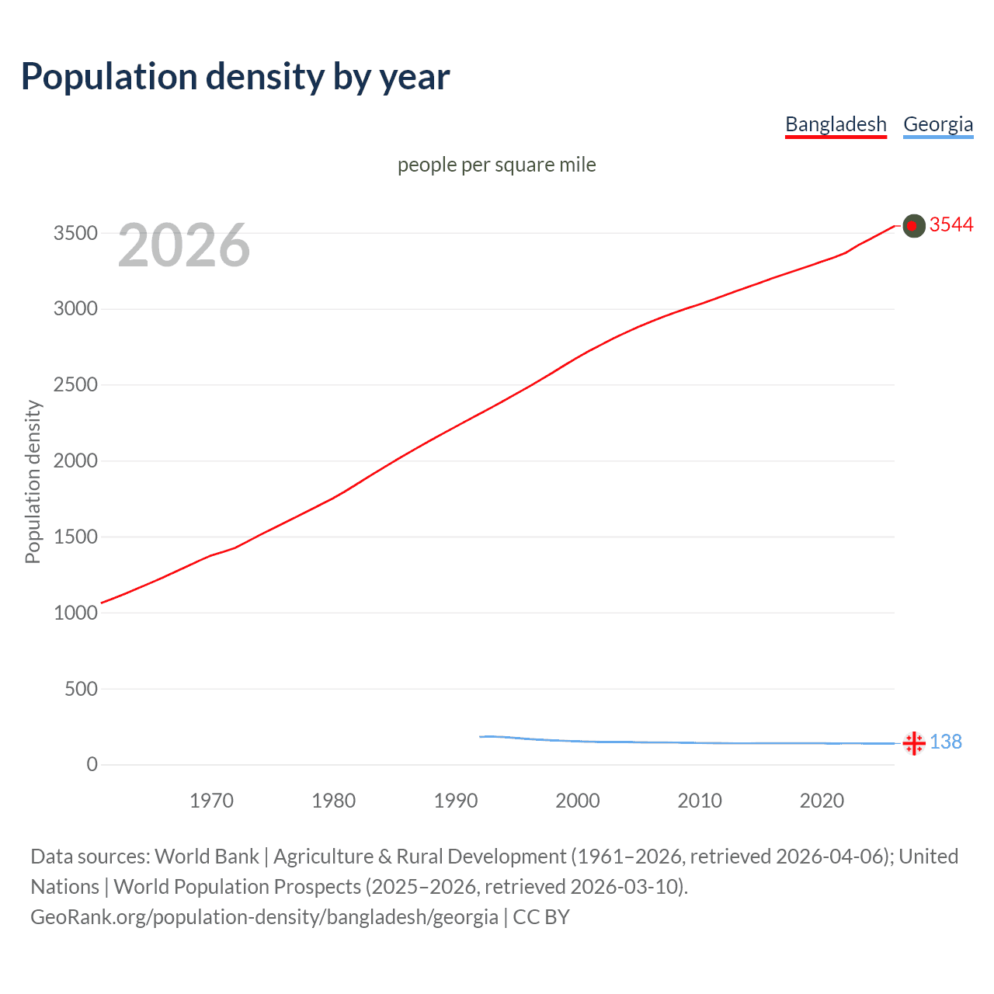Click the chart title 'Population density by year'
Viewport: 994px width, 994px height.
[235, 76]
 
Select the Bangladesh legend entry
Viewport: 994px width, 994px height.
[836, 124]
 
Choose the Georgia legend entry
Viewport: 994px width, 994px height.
[938, 124]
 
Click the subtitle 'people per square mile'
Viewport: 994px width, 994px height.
[496, 165]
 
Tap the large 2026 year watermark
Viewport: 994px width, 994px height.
[184, 245]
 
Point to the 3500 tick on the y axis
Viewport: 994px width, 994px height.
[75, 233]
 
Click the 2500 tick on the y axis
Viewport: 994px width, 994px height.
[75, 385]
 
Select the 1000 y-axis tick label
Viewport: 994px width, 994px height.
[75, 613]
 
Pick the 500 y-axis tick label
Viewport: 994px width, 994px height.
[81, 689]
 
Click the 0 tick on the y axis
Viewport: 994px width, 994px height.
[92, 765]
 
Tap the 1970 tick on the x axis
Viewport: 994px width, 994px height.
[211, 801]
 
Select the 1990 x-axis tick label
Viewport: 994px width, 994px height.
[456, 801]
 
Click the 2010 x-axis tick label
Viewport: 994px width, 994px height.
[700, 801]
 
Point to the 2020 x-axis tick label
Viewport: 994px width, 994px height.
[822, 801]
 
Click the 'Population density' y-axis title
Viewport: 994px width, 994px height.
[33, 481]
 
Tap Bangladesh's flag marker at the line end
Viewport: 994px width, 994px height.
[914, 226]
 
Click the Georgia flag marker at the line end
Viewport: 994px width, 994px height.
[914, 743]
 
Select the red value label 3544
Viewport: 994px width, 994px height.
[951, 224]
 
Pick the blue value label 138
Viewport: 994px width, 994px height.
[946, 742]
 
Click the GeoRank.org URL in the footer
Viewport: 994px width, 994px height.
[264, 917]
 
